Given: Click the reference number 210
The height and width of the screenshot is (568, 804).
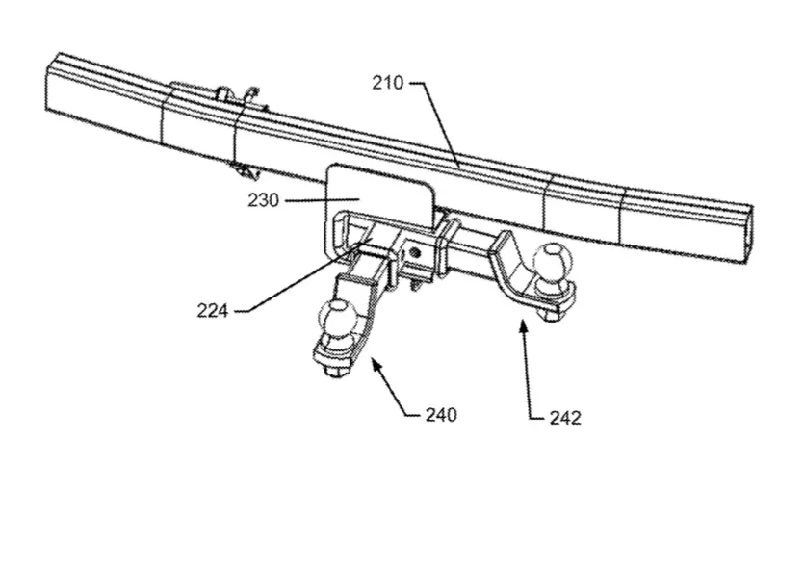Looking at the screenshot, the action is pyautogui.click(x=388, y=83).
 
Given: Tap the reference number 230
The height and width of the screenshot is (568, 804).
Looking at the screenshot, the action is pyautogui.click(x=264, y=200).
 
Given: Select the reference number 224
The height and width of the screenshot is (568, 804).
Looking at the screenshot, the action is pyautogui.click(x=212, y=310).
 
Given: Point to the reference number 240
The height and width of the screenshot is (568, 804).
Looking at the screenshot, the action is pyautogui.click(x=441, y=414).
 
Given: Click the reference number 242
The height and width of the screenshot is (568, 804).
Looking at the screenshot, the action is pyautogui.click(x=565, y=418).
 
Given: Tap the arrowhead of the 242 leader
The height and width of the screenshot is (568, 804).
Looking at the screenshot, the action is pyautogui.click(x=524, y=325).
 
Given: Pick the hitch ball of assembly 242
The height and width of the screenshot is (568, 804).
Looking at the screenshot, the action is pyautogui.click(x=552, y=262).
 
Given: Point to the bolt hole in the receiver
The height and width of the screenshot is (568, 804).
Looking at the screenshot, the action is pyautogui.click(x=416, y=252).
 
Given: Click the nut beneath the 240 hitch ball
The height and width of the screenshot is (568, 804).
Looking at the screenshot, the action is pyautogui.click(x=335, y=370).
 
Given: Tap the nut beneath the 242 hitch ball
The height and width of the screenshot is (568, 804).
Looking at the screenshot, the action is pyautogui.click(x=549, y=313).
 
